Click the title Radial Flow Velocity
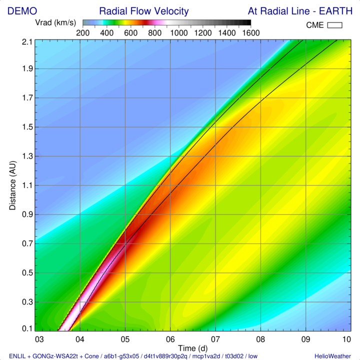pos(143,11)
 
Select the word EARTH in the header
pos(334,11)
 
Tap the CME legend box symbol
pos(334,25)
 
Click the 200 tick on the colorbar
pos(82,32)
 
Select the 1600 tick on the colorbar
pos(250,32)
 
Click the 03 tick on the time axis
pos(37,339)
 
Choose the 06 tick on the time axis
pos(170,339)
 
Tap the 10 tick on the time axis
pos(346,339)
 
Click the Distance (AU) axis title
pos(13,186)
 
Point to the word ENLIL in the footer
pos(18,355)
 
